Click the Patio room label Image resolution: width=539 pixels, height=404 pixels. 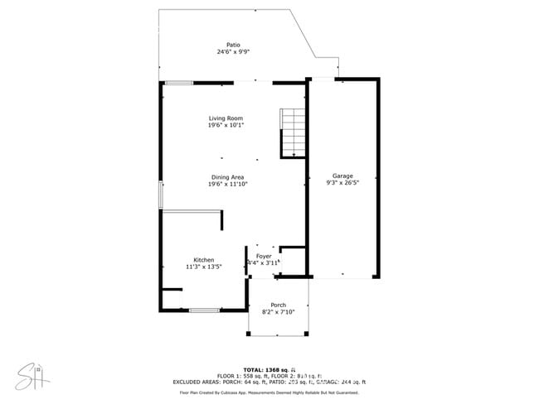[234, 45]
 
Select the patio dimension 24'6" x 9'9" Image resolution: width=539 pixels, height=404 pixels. [234, 52]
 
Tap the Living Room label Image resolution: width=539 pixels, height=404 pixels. [226, 118]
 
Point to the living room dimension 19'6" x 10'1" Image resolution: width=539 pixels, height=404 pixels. [226, 126]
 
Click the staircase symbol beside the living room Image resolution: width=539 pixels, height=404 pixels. [293, 132]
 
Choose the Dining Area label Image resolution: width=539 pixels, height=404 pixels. [227, 177]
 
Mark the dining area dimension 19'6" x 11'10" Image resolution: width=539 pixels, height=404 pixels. [227, 185]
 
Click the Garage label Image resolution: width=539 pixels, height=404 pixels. [342, 176]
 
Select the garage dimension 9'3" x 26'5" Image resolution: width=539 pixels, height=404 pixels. [342, 184]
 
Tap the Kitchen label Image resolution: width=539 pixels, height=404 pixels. [204, 260]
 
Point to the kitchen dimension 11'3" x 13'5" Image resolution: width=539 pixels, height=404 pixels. [204, 267]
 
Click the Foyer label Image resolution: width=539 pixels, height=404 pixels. [264, 256]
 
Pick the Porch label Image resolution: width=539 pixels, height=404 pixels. [278, 305]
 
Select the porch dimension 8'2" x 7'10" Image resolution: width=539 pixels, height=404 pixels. [278, 312]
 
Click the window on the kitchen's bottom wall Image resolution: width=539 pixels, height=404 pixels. [204, 310]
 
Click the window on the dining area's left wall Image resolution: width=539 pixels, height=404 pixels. [161, 193]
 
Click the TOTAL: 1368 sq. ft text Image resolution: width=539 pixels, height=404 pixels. [269, 369]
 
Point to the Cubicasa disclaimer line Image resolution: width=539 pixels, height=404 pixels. [269, 392]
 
